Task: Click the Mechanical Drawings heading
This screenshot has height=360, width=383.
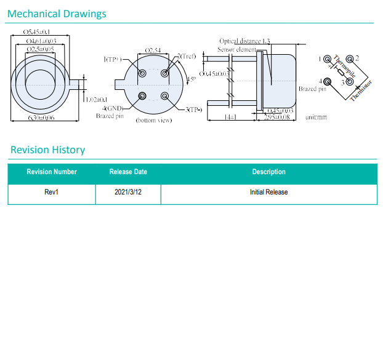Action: (x=57, y=14)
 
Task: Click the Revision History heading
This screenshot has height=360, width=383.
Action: (x=47, y=150)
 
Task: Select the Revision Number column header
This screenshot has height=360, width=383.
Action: (x=52, y=172)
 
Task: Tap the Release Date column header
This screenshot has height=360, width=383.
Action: (x=128, y=172)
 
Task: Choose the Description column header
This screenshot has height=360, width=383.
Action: (x=268, y=172)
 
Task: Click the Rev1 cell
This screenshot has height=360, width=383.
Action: (x=52, y=192)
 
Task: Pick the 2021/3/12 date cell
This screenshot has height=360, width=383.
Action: (x=128, y=192)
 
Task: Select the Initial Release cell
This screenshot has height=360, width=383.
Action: (x=268, y=192)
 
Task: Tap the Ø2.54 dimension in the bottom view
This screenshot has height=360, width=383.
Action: (x=153, y=50)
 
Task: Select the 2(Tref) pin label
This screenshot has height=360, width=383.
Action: (x=187, y=56)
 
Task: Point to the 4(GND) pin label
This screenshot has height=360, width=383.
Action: (x=114, y=109)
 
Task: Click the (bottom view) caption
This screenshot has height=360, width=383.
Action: (x=153, y=121)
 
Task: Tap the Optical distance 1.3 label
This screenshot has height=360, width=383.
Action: (x=244, y=41)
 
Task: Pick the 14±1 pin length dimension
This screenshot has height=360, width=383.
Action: (x=230, y=116)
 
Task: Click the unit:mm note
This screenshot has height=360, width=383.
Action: (x=316, y=116)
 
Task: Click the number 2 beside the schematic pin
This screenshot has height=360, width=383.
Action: (x=357, y=58)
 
